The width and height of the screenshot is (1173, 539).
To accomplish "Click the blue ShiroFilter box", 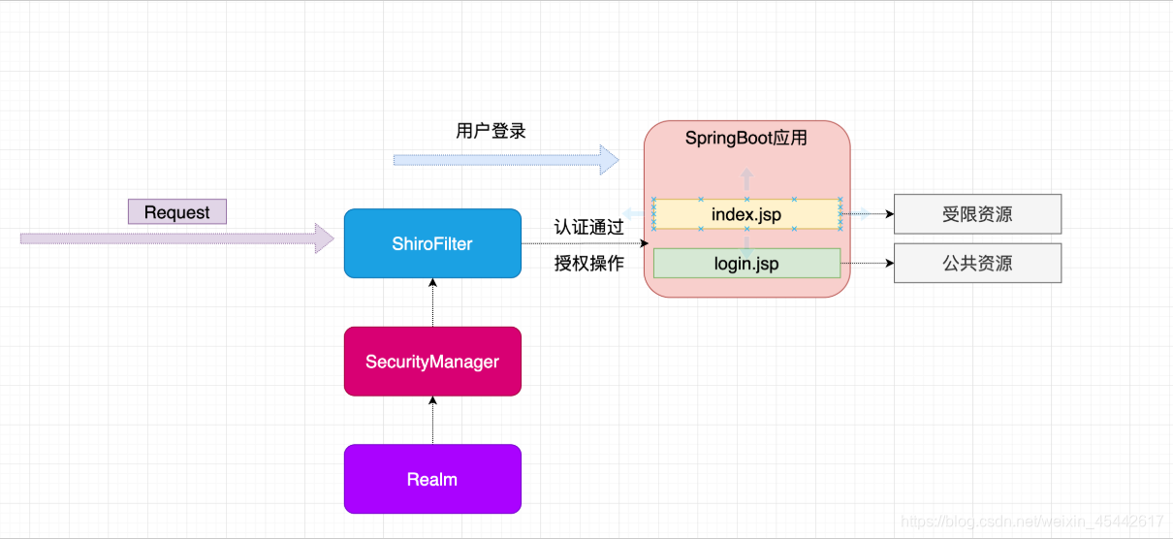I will (x=432, y=243).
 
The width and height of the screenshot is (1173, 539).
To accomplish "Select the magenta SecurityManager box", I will (x=432, y=362).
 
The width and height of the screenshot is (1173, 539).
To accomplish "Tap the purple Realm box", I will (x=432, y=479).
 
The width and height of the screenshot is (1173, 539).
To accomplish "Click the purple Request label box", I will (x=176, y=212).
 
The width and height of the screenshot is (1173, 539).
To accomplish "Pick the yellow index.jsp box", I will (x=746, y=214).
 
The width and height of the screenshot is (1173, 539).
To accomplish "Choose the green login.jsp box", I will (x=746, y=264).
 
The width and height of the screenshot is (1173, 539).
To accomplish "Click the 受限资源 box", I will (x=977, y=214).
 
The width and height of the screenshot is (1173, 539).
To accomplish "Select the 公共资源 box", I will (x=977, y=263).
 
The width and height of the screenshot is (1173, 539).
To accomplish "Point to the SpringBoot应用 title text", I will (x=746, y=138).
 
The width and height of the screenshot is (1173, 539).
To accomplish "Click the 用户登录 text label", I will (x=491, y=131).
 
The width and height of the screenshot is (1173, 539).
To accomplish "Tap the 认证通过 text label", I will (x=588, y=228).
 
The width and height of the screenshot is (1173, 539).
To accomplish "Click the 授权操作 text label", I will (x=588, y=264).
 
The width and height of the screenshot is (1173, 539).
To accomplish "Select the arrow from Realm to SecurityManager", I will (x=433, y=421).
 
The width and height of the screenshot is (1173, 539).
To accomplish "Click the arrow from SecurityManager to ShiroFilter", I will (x=433, y=302).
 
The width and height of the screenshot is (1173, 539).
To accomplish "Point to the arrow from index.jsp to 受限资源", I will (x=867, y=214).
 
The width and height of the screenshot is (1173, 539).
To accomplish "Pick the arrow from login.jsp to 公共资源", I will (x=867, y=263).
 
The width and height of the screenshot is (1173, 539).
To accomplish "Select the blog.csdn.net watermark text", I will (x=1031, y=522).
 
